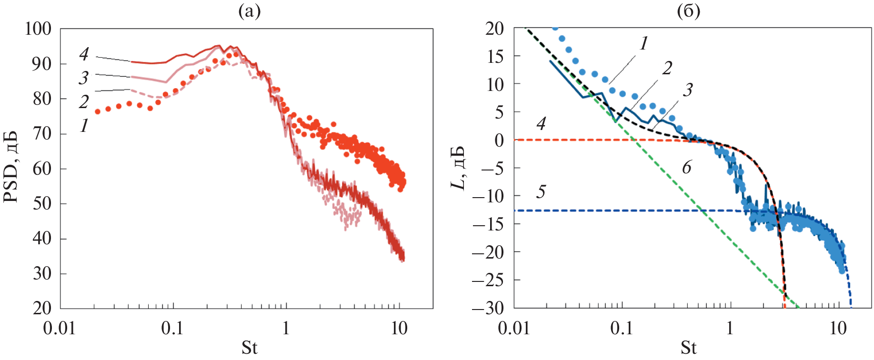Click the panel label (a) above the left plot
(249, 11)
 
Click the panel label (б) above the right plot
(688, 11)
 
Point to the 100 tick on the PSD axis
(39, 29)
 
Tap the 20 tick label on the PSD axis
(42, 308)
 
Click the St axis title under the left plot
(249, 348)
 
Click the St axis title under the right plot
(688, 348)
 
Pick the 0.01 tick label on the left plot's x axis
(60, 328)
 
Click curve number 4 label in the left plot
(84, 54)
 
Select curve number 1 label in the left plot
(84, 125)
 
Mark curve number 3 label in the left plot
(84, 77)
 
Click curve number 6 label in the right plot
(686, 167)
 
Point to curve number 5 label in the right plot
(541, 192)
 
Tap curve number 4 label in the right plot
(541, 124)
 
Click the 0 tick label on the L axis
(499, 140)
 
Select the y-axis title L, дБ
(458, 168)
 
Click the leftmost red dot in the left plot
(98, 111)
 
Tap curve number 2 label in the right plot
(667, 69)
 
